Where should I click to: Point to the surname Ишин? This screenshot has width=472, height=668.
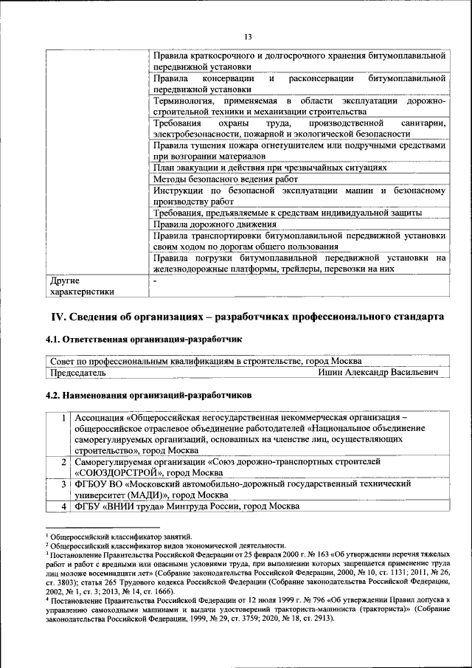coord(331,373)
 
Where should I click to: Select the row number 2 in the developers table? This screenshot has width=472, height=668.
coord(66,461)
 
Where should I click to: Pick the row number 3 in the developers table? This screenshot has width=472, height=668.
coord(66,483)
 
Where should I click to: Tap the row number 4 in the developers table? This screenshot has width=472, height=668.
coord(66,506)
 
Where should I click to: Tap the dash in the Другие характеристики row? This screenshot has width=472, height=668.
coord(154,280)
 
